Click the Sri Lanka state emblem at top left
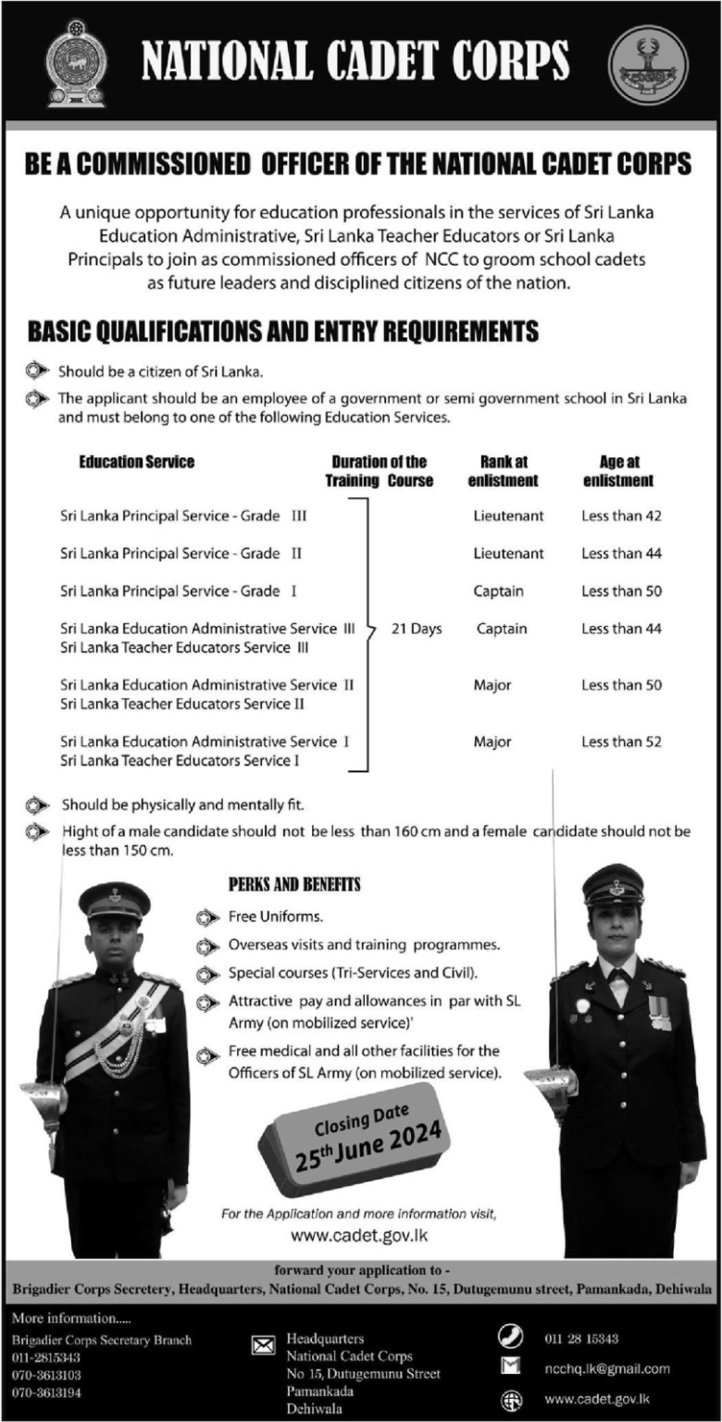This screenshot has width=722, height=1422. click(x=76, y=62)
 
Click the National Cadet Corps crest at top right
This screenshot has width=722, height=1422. click(x=649, y=62)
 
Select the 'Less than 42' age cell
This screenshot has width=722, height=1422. click(x=621, y=516)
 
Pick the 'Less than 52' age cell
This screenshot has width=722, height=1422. click(x=621, y=742)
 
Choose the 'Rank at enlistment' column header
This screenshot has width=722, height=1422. click(x=503, y=471)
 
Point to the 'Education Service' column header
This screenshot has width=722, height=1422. click(x=136, y=462)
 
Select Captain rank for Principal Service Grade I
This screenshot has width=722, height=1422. click(x=498, y=591)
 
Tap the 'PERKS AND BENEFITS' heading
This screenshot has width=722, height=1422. click(x=294, y=885)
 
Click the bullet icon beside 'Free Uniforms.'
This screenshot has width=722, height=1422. click(x=209, y=917)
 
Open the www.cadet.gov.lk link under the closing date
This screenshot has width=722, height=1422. click(x=359, y=1236)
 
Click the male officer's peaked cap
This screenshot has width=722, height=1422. click(x=114, y=898)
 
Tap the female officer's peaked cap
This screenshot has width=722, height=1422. click(x=613, y=884)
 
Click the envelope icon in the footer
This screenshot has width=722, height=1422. click(x=264, y=1345)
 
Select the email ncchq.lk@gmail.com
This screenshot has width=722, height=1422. click(x=608, y=1368)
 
